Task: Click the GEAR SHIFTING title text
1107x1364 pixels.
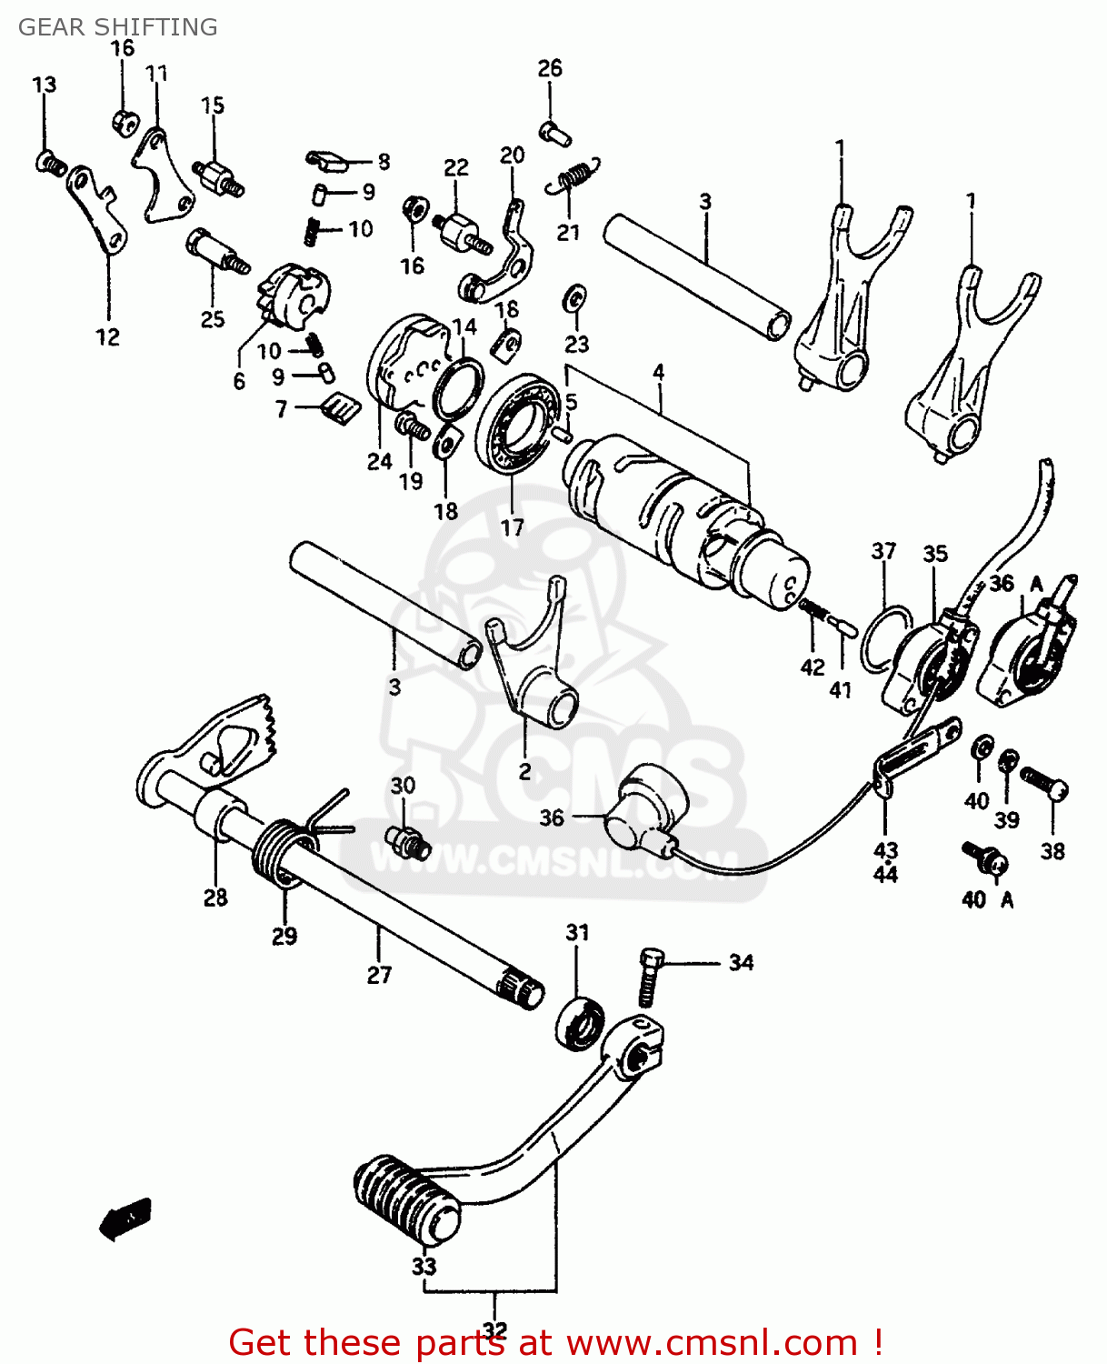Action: (118, 27)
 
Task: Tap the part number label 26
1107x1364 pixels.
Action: (550, 68)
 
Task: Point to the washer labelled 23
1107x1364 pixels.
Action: (575, 297)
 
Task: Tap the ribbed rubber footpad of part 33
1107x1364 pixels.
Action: (406, 1200)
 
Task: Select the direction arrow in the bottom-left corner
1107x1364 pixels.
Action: (125, 1218)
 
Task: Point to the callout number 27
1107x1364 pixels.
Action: (379, 975)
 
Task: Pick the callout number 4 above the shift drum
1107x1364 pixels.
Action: (658, 372)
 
